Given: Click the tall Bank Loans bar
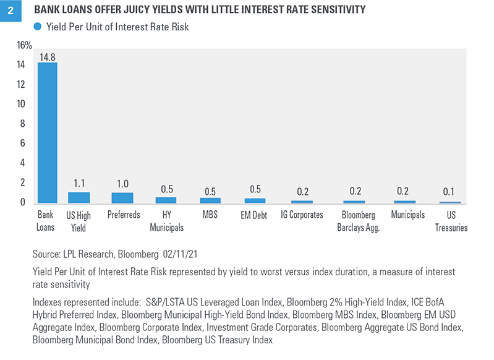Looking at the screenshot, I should tap(48, 132).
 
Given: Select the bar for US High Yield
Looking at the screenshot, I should tap(79, 197).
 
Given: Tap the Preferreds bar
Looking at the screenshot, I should tap(122, 198).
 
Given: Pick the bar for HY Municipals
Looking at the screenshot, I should tap(166, 200).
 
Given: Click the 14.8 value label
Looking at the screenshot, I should tap(48, 57).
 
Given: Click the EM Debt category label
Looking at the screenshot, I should tap(255, 215).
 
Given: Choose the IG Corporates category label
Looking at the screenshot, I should tap(302, 215).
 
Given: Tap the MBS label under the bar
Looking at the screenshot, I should tap(210, 215).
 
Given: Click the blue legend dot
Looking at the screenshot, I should tap(38, 27).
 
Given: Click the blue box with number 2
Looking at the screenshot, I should tap(11, 11).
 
